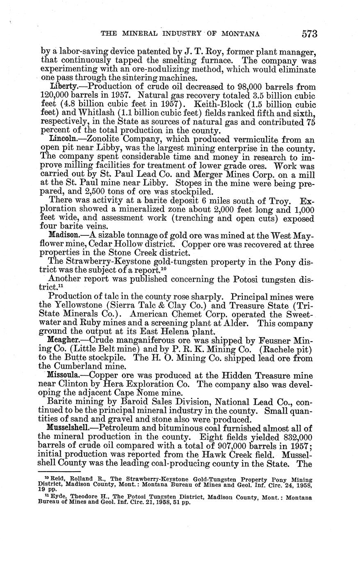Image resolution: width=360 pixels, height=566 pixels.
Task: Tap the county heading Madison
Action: (64, 235)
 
